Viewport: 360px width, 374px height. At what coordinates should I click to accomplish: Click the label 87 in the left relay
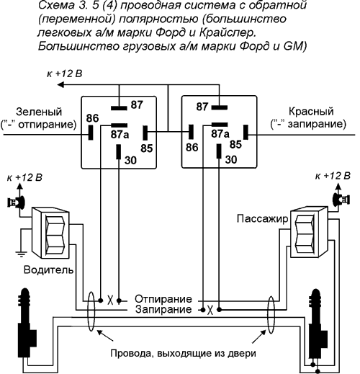tap(137, 104)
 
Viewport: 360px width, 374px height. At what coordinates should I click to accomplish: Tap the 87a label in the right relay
tap(220, 134)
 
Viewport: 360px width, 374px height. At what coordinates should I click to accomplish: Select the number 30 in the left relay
tap(130, 160)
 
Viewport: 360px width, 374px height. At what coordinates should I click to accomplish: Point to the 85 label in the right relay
tap(235, 144)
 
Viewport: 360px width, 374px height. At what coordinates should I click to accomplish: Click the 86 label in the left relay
tap(92, 118)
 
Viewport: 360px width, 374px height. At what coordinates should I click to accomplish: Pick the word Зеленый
tap(39, 112)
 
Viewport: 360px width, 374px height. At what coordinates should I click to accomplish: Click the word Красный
tap(311, 111)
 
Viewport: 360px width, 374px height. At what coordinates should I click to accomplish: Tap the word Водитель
tap(48, 270)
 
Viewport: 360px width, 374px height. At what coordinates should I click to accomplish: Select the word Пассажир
tap(262, 219)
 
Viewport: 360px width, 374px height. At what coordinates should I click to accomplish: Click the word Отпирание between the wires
tap(163, 299)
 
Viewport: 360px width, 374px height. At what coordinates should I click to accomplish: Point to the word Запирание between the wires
tap(163, 309)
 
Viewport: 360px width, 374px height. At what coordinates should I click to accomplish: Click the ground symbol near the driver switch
tap(21, 254)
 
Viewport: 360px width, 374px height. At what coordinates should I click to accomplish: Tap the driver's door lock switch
tap(51, 233)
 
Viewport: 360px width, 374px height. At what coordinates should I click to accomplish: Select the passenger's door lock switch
tap(309, 232)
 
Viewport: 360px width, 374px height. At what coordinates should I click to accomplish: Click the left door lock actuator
tap(27, 323)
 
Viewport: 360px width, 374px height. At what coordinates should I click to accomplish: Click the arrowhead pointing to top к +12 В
tap(60, 84)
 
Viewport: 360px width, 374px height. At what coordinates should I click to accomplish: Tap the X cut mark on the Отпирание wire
tap(110, 300)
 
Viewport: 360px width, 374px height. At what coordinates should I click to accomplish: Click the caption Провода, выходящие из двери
tap(183, 354)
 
